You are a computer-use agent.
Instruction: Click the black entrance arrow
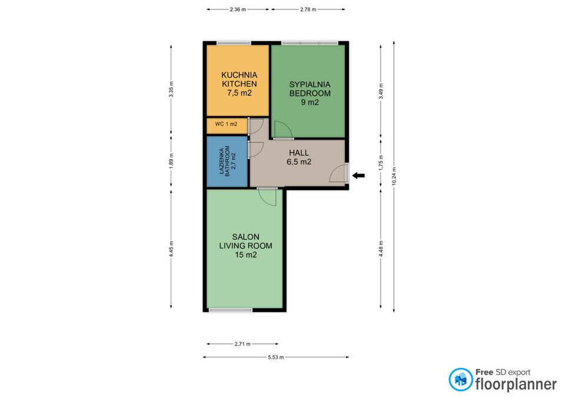pyautogui.click(x=358, y=176)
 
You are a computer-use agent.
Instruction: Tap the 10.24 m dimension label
pyautogui.click(x=394, y=176)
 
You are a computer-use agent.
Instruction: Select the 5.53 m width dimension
pyautogui.click(x=275, y=358)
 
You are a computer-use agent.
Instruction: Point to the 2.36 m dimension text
pyautogui.click(x=237, y=10)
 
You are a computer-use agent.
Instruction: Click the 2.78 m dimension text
pyautogui.click(x=308, y=10)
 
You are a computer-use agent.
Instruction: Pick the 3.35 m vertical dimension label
pyautogui.click(x=171, y=89)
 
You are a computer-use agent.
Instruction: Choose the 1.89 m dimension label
pyautogui.click(x=171, y=160)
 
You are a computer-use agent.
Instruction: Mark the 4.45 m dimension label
pyautogui.click(x=171, y=249)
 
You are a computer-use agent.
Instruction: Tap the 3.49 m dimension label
pyautogui.click(x=381, y=91)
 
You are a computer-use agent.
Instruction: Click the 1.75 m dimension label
pyautogui.click(x=381, y=163)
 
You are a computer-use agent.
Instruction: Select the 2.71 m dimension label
pyautogui.click(x=242, y=344)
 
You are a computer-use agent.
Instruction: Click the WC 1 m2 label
pyautogui.click(x=226, y=124)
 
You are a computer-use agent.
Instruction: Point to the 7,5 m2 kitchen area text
pyautogui.click(x=240, y=93)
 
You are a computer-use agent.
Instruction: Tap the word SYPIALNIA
pyautogui.click(x=310, y=84)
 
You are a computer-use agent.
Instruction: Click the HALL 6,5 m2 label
pyautogui.click(x=299, y=157)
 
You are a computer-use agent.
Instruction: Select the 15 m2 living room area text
pyautogui.click(x=246, y=255)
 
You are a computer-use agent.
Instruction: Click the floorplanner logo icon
pyautogui.click(x=460, y=379)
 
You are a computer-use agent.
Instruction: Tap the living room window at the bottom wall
pyautogui.click(x=231, y=310)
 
